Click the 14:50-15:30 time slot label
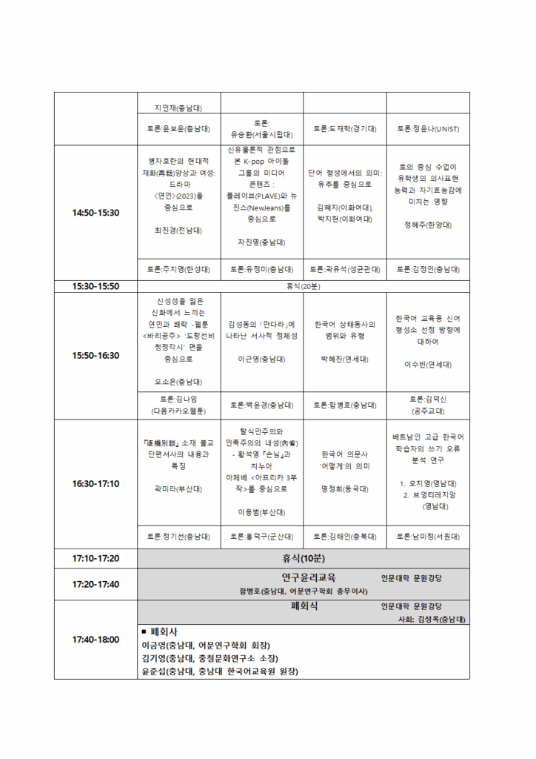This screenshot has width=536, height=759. coord(96,213)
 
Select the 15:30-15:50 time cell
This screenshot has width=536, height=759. coord(96,285)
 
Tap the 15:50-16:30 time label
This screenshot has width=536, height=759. coord(96,355)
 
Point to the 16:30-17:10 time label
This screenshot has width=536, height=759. coord(96,483)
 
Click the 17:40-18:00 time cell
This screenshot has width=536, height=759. coord(96,639)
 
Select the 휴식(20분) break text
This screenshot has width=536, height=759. coord(304,285)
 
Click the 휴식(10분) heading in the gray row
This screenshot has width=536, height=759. coord(304,558)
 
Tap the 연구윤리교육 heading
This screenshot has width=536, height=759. coord(309,577)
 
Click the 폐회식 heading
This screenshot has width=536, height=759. coord(304,606)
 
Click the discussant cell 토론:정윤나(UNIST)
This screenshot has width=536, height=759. coord(428,129)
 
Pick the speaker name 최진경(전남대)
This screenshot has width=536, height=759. coord(178,231)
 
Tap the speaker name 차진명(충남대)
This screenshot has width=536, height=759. coord(261,242)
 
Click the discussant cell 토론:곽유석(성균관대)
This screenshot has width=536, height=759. coord(345,269)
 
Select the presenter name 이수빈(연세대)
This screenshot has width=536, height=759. coord(428,364)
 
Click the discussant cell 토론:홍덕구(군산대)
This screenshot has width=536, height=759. coord(261,536)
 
